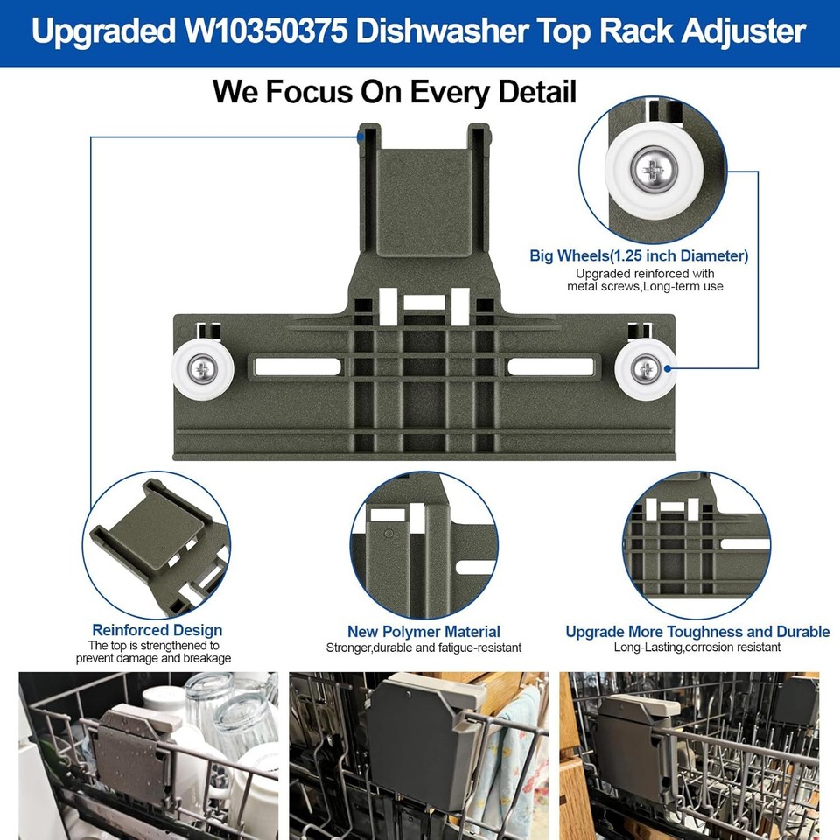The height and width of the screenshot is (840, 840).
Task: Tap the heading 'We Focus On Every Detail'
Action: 395,91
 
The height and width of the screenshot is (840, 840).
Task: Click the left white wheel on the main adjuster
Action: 202,370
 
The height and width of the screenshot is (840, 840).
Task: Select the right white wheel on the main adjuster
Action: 646,369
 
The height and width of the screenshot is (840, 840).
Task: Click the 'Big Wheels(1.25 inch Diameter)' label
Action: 639,256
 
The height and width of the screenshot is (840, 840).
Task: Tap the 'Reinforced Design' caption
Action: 157,630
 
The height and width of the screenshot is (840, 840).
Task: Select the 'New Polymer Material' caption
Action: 423,632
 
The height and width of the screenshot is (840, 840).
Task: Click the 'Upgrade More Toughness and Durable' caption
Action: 697,632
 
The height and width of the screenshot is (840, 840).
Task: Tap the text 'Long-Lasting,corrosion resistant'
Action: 697,647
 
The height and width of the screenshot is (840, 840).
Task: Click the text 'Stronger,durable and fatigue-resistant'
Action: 423,647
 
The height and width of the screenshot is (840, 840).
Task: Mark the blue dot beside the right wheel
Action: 681,369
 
